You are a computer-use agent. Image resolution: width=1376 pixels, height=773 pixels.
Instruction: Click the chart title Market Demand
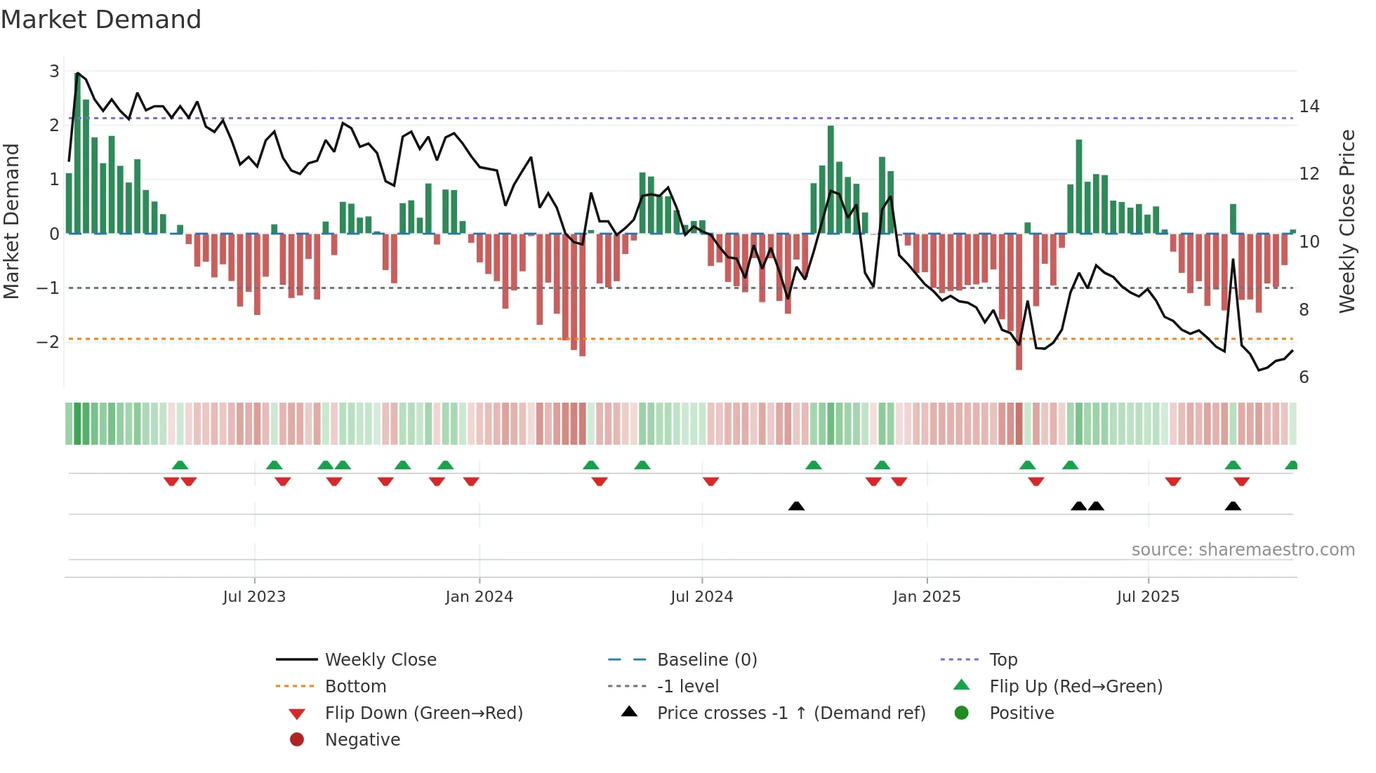tap(101, 20)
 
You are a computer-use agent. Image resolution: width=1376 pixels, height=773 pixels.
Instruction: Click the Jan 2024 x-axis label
tap(479, 597)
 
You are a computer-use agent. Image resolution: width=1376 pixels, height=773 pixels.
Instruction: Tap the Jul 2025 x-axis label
tap(1148, 597)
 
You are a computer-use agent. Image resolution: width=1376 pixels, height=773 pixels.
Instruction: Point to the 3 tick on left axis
tap(54, 71)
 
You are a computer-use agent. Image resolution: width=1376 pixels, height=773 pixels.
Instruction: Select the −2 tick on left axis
tap(48, 342)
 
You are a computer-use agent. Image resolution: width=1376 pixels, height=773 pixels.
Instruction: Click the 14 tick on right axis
tap(1309, 107)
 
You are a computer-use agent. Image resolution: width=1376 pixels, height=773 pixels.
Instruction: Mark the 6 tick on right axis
tap(1304, 377)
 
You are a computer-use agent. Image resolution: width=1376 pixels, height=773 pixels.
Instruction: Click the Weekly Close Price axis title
tap(1347, 221)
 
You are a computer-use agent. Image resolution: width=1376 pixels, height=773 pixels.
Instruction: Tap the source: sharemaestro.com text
tap(1243, 550)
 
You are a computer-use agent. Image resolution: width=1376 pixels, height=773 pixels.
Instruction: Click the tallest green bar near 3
tap(77, 154)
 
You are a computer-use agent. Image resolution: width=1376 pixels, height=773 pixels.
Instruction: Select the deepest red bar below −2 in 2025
tap(1019, 302)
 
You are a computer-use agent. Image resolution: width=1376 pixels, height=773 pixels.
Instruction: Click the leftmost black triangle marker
tap(796, 506)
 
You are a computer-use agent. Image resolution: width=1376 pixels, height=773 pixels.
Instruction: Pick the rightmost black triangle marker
tap(1233, 506)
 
